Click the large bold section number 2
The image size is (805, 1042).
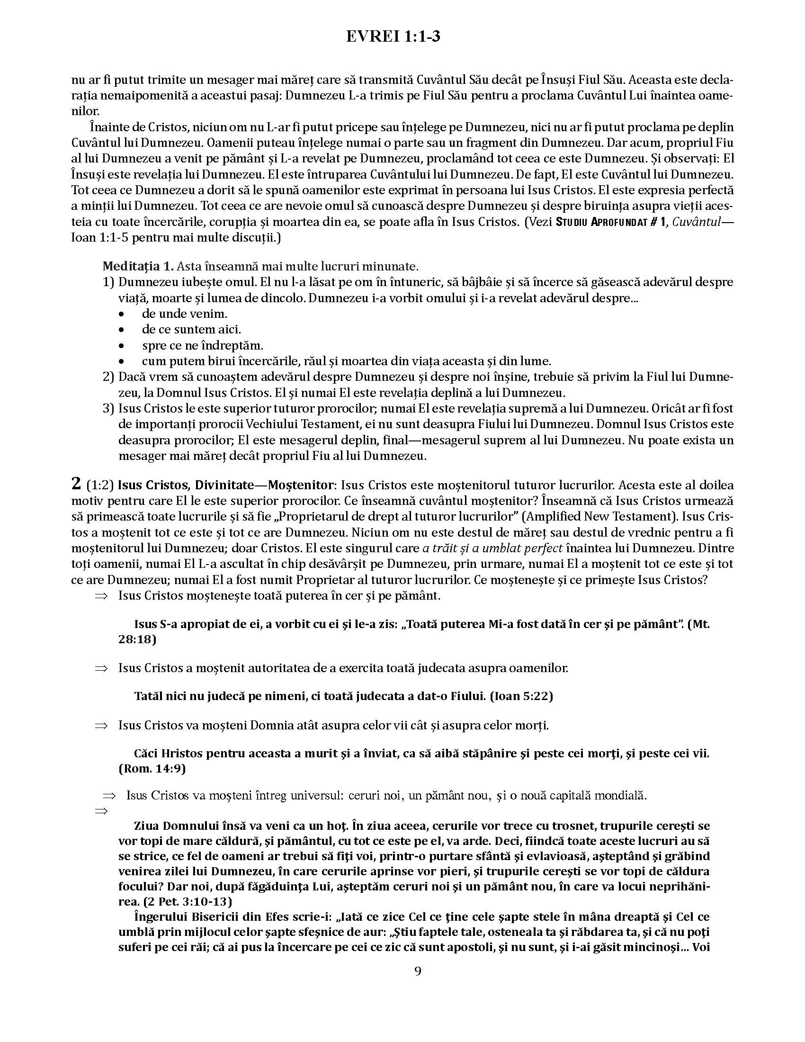76,484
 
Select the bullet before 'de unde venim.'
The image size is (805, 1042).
122,314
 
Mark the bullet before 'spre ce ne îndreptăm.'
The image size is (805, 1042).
122,346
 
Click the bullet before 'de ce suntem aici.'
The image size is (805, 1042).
122,330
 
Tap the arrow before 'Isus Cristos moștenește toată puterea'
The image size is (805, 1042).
102,596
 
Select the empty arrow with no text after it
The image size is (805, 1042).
102,810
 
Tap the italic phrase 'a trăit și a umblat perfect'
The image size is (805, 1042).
492,548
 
